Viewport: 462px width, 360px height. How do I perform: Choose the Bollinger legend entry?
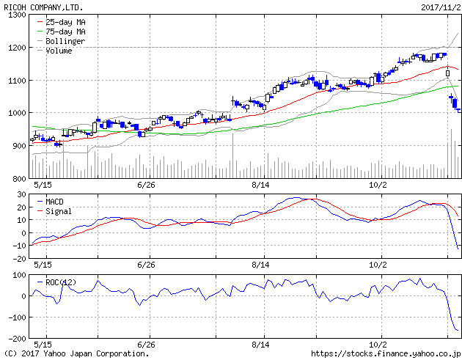click(x=65, y=42)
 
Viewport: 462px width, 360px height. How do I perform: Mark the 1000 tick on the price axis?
click(x=16, y=113)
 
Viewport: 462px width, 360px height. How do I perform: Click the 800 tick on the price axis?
click(x=18, y=178)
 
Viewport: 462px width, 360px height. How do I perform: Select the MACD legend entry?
click(x=55, y=201)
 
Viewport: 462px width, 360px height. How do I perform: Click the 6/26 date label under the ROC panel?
click(x=147, y=344)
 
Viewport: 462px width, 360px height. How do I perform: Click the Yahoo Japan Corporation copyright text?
click(x=76, y=353)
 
